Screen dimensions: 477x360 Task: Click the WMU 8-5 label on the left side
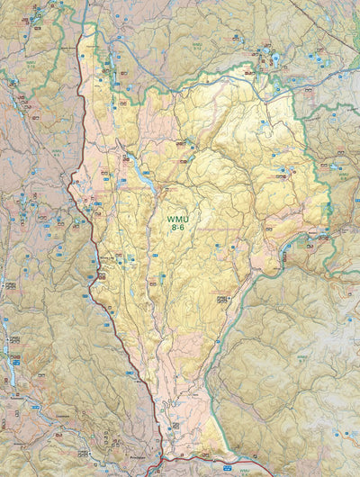[x=57, y=152]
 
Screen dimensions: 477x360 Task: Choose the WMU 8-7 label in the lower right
[x=302, y=357]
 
